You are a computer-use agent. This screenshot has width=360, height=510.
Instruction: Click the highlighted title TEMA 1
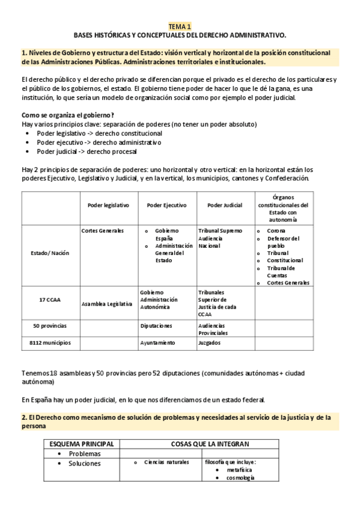pyautogui.click(x=180, y=26)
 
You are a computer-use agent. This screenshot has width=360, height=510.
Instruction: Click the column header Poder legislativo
pyautogui.click(x=108, y=205)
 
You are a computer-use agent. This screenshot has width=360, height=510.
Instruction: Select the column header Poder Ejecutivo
pyautogui.click(x=166, y=205)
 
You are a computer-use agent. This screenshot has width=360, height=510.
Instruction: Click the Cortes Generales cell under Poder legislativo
pyautogui.click(x=102, y=230)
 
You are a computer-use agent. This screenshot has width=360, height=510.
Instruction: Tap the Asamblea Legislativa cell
pyautogui.click(x=106, y=304)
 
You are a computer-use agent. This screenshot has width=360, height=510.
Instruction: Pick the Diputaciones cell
pyautogui.click(x=156, y=325)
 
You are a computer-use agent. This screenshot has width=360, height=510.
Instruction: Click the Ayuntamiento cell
pyautogui.click(x=157, y=342)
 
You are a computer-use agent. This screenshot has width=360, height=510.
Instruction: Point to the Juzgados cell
pyautogui.click(x=209, y=342)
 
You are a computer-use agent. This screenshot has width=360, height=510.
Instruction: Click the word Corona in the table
pyautogui.click(x=276, y=230)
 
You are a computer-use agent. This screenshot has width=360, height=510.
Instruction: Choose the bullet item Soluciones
pyautogui.click(x=85, y=463)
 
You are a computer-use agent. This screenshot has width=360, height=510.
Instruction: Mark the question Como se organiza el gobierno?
pyautogui.click(x=67, y=115)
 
